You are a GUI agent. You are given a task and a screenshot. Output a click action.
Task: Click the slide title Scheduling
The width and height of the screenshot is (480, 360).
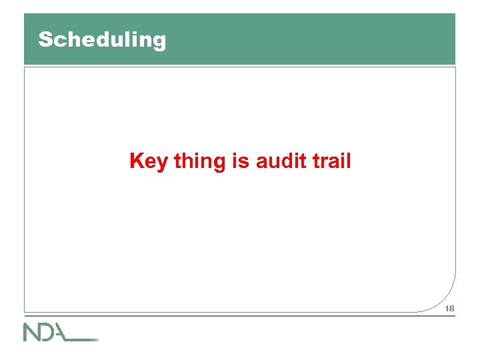102,40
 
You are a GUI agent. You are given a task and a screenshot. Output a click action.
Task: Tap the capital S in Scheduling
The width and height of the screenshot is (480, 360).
45,39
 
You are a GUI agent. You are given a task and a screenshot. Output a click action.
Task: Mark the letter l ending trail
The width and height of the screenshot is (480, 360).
348,161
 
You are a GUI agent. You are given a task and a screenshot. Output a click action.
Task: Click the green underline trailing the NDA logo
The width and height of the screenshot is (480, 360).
85,339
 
